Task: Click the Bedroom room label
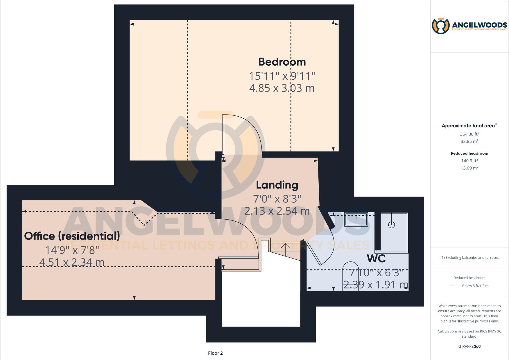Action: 282,62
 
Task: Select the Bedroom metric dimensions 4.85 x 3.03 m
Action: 282,88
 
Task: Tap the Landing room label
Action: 277,185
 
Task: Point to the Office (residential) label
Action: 72,236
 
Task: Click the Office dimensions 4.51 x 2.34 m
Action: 72,262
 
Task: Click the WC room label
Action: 376,258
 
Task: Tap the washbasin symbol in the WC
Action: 356,220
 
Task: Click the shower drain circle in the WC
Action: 392,224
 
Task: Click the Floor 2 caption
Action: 215,353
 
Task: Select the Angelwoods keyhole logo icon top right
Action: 441,26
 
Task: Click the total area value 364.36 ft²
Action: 469,134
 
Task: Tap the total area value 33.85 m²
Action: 469,141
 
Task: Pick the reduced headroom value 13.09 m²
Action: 469,168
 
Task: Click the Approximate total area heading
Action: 468,126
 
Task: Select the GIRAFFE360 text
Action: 469,346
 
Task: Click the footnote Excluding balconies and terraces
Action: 469,258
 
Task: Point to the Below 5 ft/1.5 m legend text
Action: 475,286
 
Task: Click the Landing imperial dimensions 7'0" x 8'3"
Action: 277,199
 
